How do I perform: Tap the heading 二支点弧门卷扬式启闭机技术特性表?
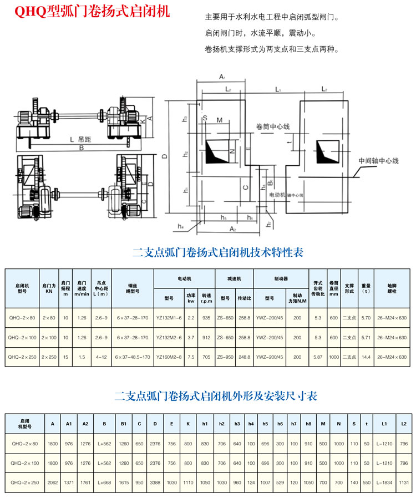click(x=219, y=253)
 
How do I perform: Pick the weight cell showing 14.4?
click(x=366, y=357)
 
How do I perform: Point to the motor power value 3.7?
click(x=191, y=337)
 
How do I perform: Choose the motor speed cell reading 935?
click(x=206, y=318)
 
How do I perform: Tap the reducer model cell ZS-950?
click(x=225, y=357)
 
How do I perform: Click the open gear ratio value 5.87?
click(x=318, y=357)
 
